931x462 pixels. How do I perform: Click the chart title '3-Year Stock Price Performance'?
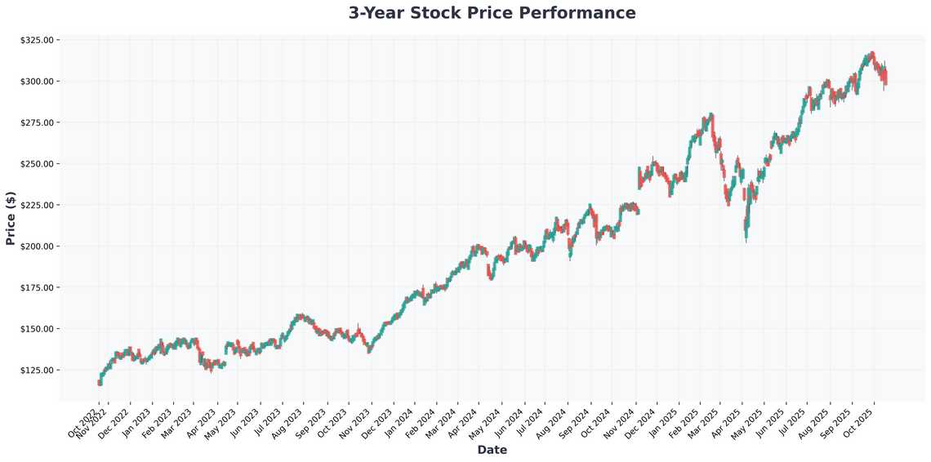tap(492, 13)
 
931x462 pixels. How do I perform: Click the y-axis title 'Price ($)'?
tap(11, 219)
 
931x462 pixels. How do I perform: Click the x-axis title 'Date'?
tap(492, 450)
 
